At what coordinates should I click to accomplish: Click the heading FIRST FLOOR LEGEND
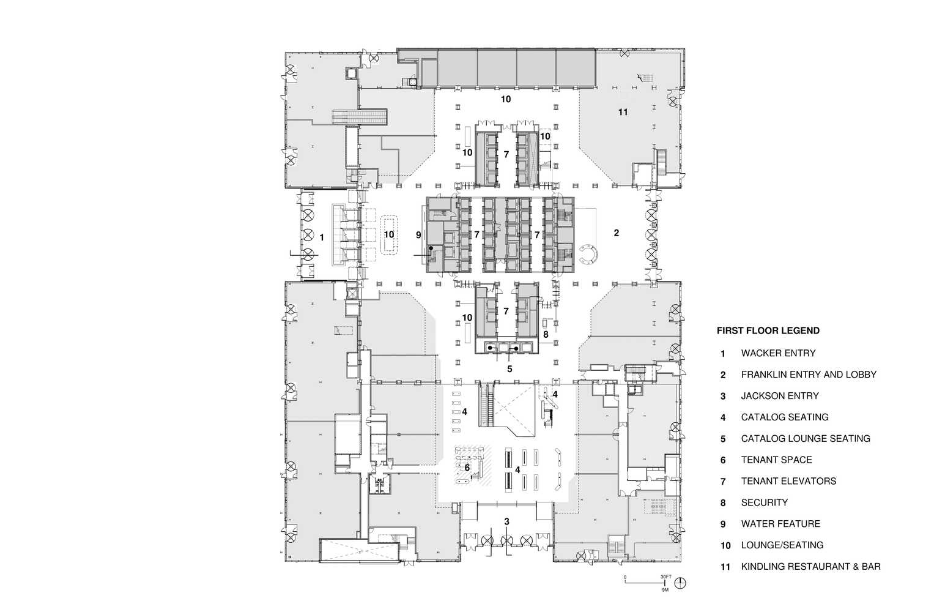(x=768, y=331)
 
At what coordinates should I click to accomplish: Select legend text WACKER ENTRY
(x=778, y=353)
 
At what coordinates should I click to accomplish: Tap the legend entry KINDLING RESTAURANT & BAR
(x=810, y=567)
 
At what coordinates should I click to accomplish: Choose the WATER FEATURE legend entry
(x=780, y=524)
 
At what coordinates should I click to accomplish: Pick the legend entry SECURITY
(x=764, y=502)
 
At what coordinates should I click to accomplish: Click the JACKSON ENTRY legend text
(x=779, y=396)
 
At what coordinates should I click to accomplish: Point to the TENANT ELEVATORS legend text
(x=788, y=481)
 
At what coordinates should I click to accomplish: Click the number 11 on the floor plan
(x=623, y=112)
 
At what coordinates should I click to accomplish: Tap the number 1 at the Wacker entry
(x=322, y=236)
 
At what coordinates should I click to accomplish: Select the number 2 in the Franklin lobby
(x=617, y=233)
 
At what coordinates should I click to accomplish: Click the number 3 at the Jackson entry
(x=506, y=521)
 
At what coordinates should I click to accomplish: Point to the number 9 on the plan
(x=418, y=234)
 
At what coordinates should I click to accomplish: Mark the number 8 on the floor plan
(x=546, y=335)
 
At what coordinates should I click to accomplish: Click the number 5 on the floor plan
(x=510, y=369)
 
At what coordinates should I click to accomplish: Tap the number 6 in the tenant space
(x=467, y=468)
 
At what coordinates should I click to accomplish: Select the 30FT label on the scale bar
(x=665, y=577)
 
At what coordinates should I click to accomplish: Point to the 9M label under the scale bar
(x=665, y=591)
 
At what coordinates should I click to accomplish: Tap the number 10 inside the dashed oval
(x=389, y=234)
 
